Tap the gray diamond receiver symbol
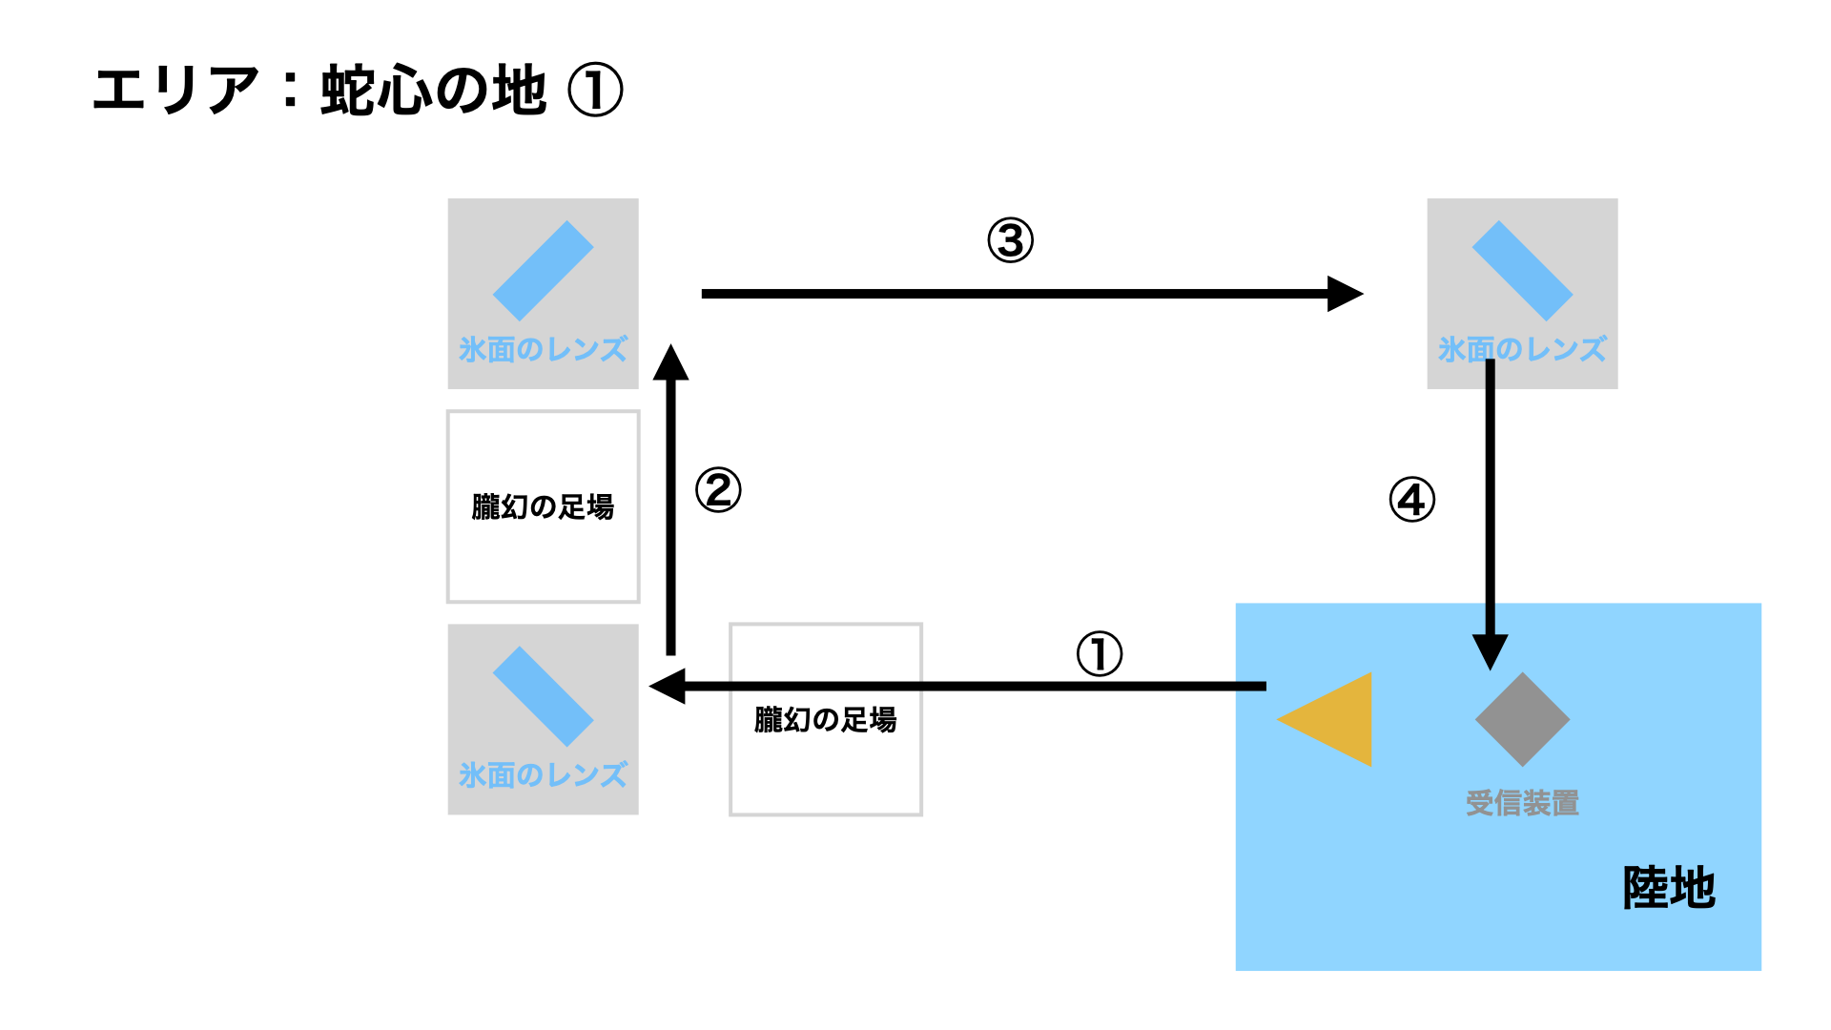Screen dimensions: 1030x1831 click(x=1522, y=720)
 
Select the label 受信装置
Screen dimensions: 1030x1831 click(x=1522, y=803)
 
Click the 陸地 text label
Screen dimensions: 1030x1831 click(x=1669, y=888)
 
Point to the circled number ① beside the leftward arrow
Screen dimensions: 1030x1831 click(x=1099, y=654)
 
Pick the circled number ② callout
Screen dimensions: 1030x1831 click(x=718, y=490)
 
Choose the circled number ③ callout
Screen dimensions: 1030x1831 click(x=1010, y=240)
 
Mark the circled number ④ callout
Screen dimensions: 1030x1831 click(x=1411, y=500)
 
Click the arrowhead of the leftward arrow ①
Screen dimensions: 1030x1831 click(x=668, y=686)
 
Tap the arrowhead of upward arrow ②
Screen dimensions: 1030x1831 click(x=670, y=363)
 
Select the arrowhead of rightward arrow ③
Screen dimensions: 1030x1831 click(x=1344, y=294)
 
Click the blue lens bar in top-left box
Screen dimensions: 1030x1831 click(x=543, y=271)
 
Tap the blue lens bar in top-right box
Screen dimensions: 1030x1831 click(x=1522, y=271)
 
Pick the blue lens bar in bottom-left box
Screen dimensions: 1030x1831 click(x=543, y=696)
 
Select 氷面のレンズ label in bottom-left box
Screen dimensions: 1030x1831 click(x=543, y=775)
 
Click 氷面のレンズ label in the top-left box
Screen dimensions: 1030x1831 click(x=543, y=350)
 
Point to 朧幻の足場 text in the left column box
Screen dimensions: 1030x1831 click(x=543, y=506)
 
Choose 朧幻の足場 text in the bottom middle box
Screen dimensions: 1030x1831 click(x=825, y=720)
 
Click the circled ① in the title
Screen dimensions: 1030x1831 click(x=595, y=91)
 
